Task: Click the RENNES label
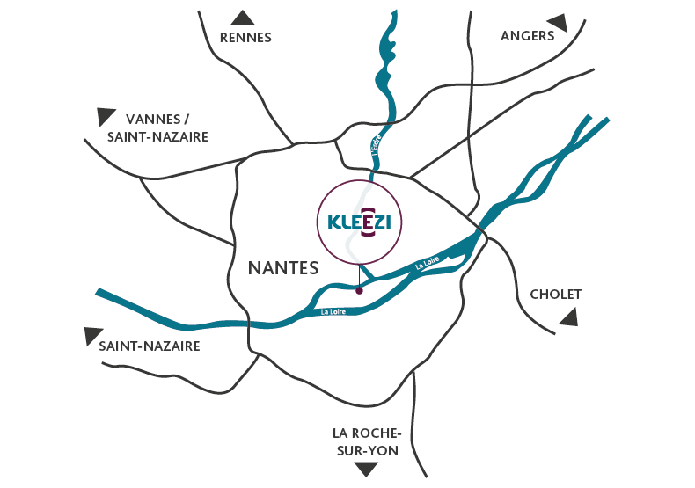[x=245, y=37]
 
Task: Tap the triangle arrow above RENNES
[x=243, y=17]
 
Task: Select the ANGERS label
[x=528, y=35]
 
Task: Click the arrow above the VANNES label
[x=106, y=115]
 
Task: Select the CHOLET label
[x=556, y=294]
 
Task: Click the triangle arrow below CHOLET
[x=570, y=317]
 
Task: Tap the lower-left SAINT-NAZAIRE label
[x=150, y=346]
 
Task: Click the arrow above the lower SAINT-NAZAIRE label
[x=92, y=335]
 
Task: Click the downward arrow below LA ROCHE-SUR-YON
[x=366, y=470]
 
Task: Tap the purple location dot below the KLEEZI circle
[x=358, y=289]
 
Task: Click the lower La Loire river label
[x=333, y=310]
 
